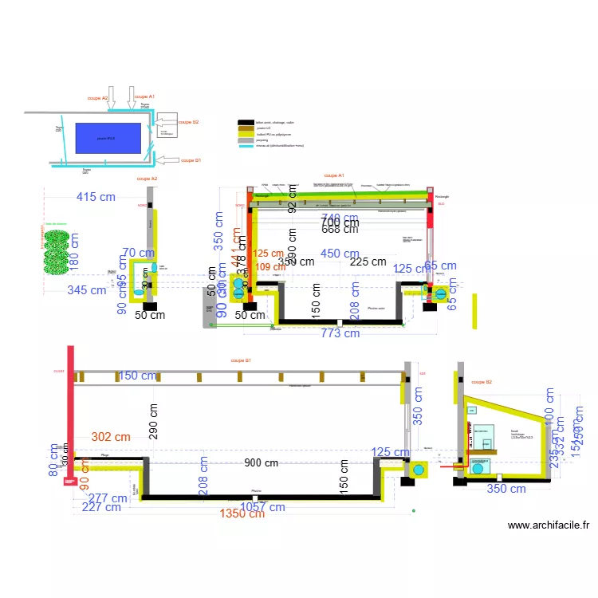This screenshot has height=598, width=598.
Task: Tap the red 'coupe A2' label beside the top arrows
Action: [98, 98]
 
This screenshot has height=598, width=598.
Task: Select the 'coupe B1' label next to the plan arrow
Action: [191, 160]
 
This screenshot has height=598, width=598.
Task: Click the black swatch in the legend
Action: [246, 122]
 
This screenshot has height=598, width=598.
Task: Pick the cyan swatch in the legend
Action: [246, 145]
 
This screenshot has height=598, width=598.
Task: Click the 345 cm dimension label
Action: [85, 290]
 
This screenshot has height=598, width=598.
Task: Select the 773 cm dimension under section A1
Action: [340, 333]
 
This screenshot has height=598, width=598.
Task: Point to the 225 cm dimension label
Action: [368, 262]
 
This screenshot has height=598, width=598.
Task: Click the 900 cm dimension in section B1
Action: [262, 462]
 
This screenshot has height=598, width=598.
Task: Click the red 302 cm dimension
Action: [111, 437]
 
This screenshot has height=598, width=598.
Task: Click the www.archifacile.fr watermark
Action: [548, 525]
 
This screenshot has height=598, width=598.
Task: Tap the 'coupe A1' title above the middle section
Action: [334, 175]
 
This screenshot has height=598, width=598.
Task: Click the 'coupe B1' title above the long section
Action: [241, 360]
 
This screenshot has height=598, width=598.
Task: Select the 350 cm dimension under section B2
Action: [507, 489]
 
